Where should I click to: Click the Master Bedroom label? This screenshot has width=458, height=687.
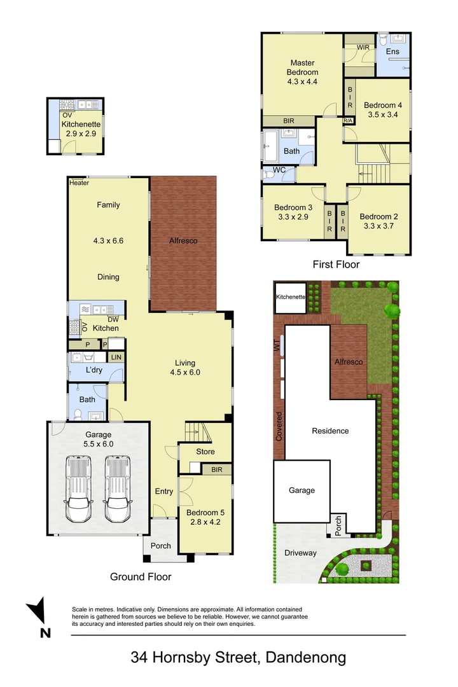[x=302, y=67]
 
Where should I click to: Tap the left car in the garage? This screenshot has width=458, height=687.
[x=78, y=489]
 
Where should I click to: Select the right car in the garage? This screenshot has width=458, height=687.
[x=118, y=489]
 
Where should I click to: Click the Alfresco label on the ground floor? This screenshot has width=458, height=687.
[x=183, y=240]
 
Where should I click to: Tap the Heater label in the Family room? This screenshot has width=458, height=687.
[x=80, y=183]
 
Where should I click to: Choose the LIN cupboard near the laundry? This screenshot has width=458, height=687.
[x=116, y=357]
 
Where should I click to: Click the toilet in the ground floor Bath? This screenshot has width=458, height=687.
[x=78, y=414]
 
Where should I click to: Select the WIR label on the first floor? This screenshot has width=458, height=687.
[x=363, y=47]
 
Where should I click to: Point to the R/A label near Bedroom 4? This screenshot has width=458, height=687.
[x=348, y=120]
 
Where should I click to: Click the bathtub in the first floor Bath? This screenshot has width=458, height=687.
[x=270, y=146]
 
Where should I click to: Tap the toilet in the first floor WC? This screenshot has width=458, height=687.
[x=268, y=175]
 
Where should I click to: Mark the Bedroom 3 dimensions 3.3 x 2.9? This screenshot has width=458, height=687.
[x=293, y=217]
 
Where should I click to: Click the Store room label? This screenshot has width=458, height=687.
[x=205, y=451]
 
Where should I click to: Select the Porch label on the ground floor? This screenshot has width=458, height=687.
[x=161, y=546]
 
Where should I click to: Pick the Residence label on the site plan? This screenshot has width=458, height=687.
[x=331, y=431]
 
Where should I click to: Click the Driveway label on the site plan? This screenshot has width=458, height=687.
[x=301, y=553]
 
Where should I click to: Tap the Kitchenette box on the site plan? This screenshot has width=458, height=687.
[x=290, y=298]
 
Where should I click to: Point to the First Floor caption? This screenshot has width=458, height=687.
[x=336, y=264]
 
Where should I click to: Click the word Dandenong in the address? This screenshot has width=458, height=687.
[x=306, y=657]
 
